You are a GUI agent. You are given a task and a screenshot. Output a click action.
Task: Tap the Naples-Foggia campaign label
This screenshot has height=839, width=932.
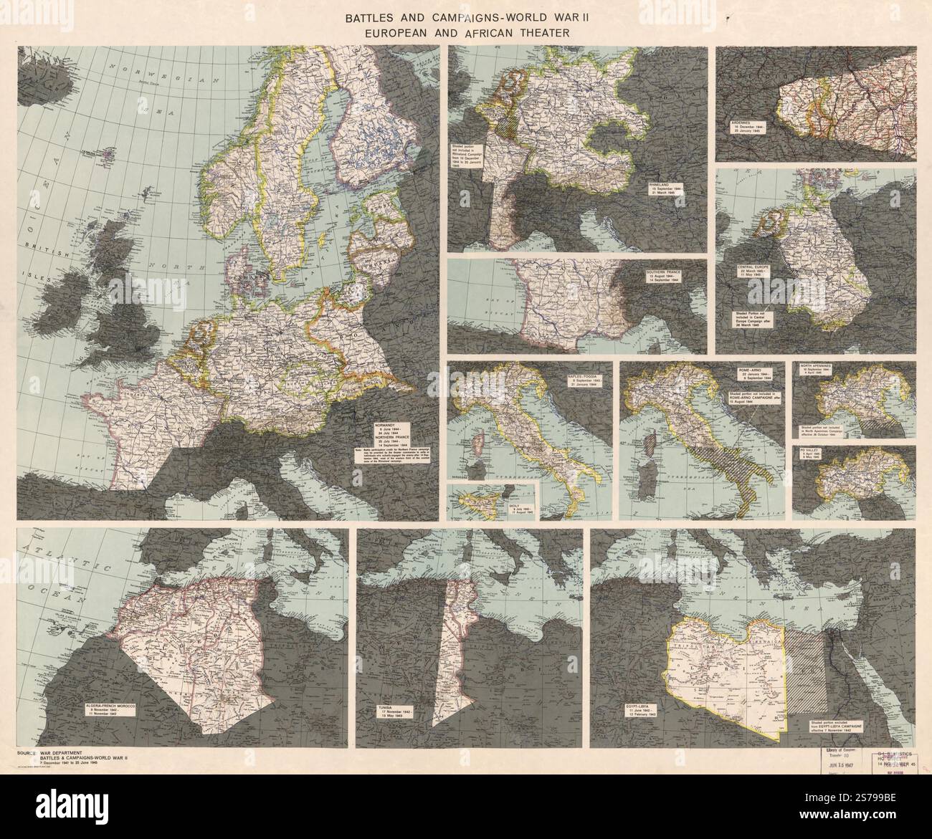(585, 379)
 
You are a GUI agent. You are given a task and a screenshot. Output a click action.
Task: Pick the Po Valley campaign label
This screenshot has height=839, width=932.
(814, 459)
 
